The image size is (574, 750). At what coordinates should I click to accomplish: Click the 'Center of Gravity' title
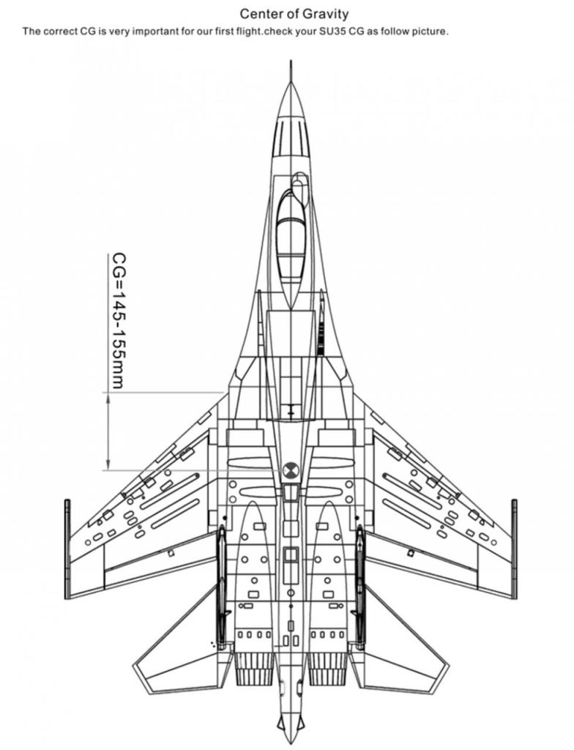tap(294, 14)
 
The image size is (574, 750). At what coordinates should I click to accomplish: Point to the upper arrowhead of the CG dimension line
tap(108, 398)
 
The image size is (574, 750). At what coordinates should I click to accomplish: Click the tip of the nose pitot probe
tap(291, 60)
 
